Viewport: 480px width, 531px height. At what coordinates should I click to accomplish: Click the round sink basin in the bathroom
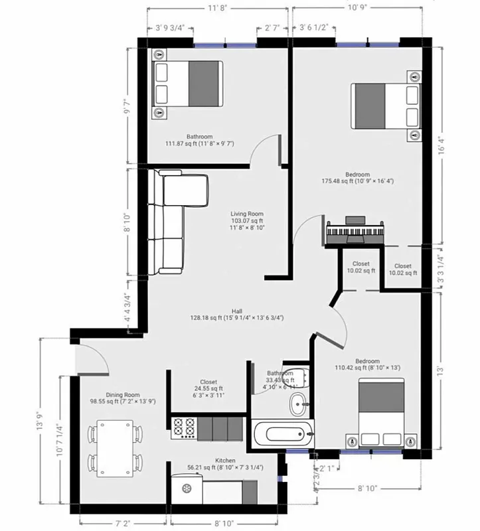click(x=299, y=402)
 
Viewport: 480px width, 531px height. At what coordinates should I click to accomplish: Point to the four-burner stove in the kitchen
click(x=183, y=428)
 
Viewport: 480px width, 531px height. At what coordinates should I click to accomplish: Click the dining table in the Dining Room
click(x=116, y=448)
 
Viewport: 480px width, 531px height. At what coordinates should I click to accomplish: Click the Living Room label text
click(x=247, y=214)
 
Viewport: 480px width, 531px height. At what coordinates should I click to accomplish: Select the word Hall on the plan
click(x=236, y=311)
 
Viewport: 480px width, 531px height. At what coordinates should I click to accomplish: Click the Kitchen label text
click(x=225, y=460)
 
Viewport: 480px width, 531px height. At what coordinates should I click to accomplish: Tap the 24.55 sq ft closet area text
click(x=208, y=389)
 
